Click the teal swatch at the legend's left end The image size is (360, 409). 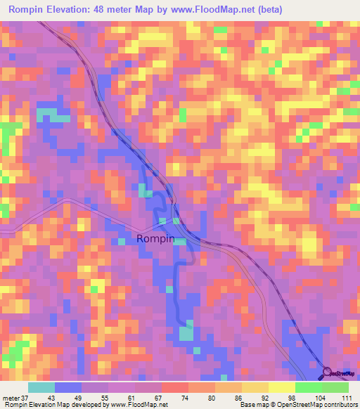(x=41, y=387)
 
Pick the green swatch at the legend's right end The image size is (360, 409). (x=335, y=387)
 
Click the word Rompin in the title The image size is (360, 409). (x=29, y=9)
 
